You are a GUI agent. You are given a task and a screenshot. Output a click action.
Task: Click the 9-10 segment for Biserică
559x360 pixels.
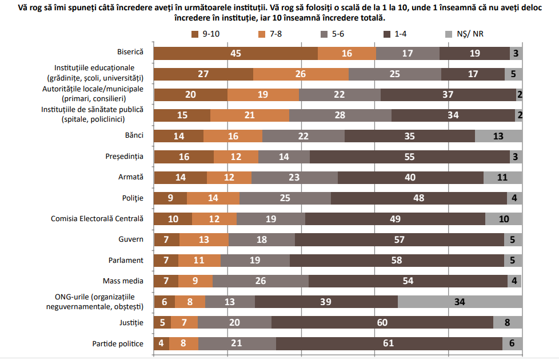coord(235,53)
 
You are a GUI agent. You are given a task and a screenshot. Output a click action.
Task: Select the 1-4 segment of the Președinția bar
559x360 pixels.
coord(409,157)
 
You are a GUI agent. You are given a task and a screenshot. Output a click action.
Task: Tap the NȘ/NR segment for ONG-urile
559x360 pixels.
coord(460,302)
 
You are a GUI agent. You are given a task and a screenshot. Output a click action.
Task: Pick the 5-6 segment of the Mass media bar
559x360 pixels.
coord(261,281)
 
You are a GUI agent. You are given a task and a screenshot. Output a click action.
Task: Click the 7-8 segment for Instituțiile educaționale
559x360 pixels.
coord(301,74)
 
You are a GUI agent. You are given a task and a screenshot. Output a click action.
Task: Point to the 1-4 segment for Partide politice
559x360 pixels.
coord(389,343)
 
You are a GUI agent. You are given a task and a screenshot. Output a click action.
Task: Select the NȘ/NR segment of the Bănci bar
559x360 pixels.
coord(498,136)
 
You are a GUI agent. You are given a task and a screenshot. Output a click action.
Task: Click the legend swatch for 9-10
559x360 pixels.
coord(195,35)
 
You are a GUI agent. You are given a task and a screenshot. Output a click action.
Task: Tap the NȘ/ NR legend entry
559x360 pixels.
coord(472,35)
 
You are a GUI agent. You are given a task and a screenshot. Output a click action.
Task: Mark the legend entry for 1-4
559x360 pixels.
coord(401,35)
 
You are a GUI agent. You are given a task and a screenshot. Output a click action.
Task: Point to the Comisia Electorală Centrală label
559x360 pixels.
coord(97,219)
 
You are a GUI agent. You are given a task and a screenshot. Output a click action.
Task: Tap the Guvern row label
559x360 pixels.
coord(131,239)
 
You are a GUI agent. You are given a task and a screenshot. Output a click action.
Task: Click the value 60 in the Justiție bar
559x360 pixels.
coord(382,323)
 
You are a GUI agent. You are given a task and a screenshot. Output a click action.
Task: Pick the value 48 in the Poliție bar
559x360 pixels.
coord(418,198)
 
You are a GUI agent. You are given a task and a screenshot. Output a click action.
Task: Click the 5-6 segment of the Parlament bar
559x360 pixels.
coord(255,261)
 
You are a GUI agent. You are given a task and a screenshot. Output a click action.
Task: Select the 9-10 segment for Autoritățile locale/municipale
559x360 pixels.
coord(191,95)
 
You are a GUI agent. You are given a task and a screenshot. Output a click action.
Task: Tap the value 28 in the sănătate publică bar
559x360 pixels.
coord(340,115)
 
